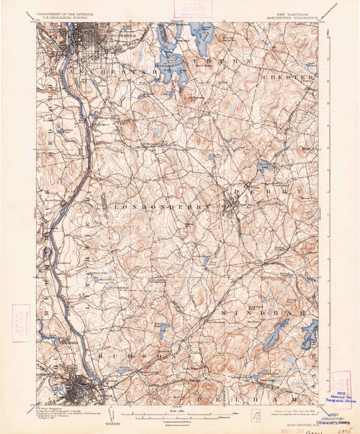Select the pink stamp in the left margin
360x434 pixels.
click(19, 318)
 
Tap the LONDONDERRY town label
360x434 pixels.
click(161, 206)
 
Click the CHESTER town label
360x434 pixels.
click(288, 76)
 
